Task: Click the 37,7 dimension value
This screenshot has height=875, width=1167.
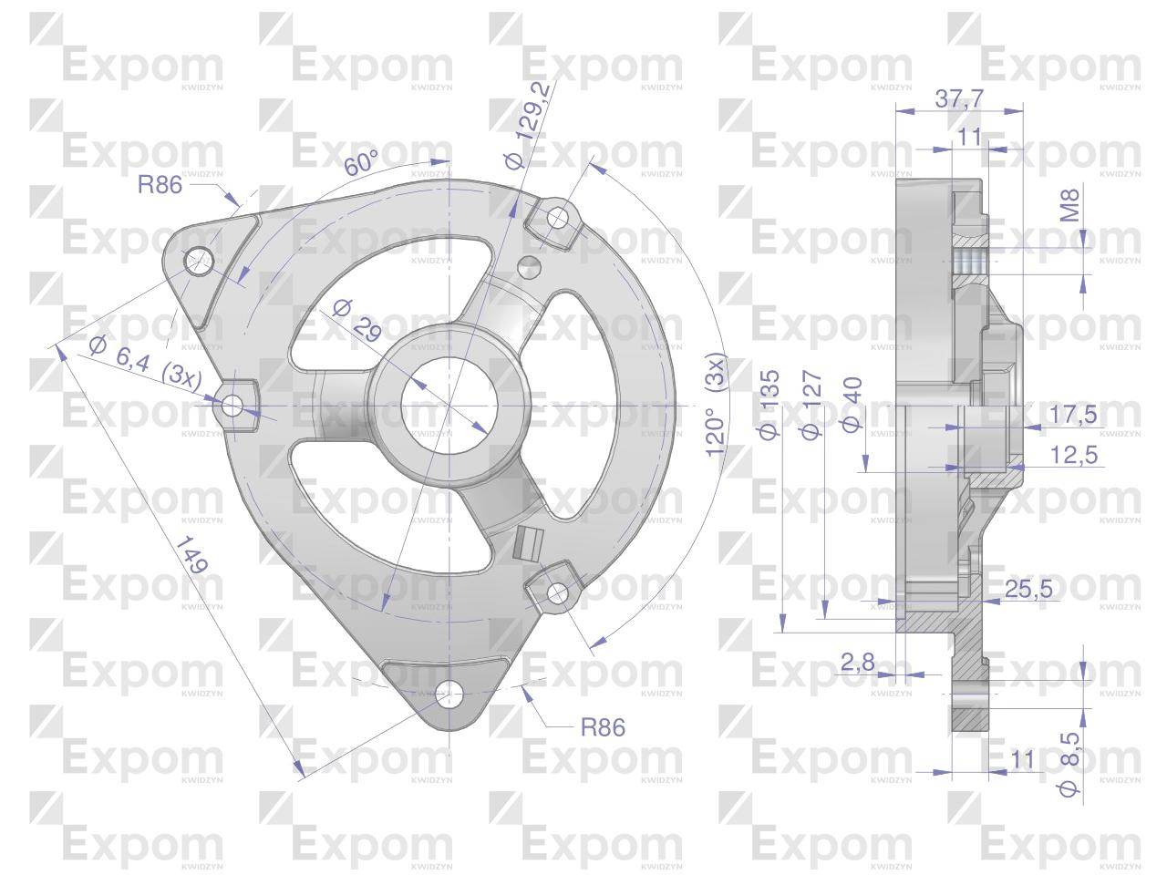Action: click(959, 98)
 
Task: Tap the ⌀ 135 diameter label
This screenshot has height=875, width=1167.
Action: click(769, 405)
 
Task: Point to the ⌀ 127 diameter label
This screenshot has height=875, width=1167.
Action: click(811, 406)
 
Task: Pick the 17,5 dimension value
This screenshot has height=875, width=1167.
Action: click(1073, 415)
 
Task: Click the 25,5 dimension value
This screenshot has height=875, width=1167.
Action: click(1028, 589)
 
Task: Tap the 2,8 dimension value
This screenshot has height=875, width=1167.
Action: click(858, 662)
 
